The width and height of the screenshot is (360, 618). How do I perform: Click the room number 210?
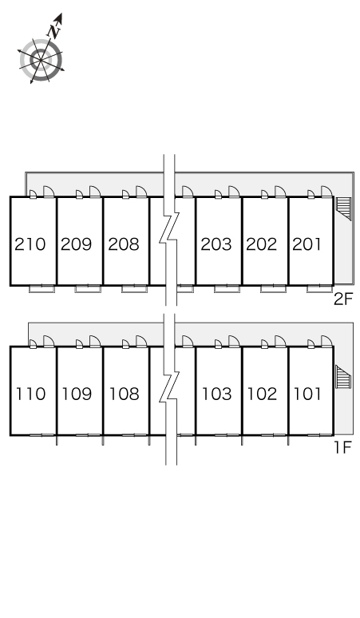30,244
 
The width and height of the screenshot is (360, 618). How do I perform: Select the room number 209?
77,244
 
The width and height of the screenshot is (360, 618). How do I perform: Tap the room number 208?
124,244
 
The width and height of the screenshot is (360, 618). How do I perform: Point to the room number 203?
216,244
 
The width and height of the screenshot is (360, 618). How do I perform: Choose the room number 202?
262,244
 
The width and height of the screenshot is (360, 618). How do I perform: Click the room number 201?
307,244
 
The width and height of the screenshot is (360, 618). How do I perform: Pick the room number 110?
30,394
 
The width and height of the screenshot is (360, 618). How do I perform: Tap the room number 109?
77,394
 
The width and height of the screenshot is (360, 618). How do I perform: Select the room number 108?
124,394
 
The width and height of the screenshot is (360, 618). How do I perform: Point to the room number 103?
216,394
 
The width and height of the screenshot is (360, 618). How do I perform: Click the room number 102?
262,394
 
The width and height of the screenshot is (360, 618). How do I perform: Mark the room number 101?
307,394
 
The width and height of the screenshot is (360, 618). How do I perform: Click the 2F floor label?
342,299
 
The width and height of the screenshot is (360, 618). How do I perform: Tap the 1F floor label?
342,447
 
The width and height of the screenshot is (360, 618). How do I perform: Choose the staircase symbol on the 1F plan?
343,377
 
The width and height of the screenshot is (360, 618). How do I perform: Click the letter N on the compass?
54,31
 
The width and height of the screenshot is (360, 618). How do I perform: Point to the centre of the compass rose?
41,60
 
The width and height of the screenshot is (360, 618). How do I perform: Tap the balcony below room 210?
42,289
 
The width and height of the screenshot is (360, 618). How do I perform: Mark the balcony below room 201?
320,289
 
